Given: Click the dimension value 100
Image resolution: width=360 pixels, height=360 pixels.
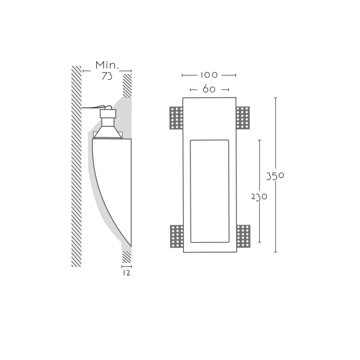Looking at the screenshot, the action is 209,75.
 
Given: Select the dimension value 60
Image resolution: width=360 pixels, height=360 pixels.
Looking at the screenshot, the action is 209,89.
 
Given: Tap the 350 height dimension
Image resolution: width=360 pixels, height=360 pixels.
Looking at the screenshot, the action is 275,176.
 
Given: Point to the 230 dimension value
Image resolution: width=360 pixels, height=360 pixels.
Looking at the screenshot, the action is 259,197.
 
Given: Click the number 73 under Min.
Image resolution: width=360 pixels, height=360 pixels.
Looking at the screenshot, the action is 107,76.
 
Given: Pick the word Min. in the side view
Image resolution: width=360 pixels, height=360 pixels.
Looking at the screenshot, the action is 107,65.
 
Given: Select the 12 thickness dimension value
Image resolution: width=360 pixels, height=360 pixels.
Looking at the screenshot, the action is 126,273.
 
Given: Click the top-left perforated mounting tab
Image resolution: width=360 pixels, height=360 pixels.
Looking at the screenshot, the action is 176,118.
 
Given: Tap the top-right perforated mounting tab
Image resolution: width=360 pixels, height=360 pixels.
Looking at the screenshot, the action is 243,118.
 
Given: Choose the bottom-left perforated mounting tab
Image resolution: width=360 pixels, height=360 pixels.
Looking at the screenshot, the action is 177,236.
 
